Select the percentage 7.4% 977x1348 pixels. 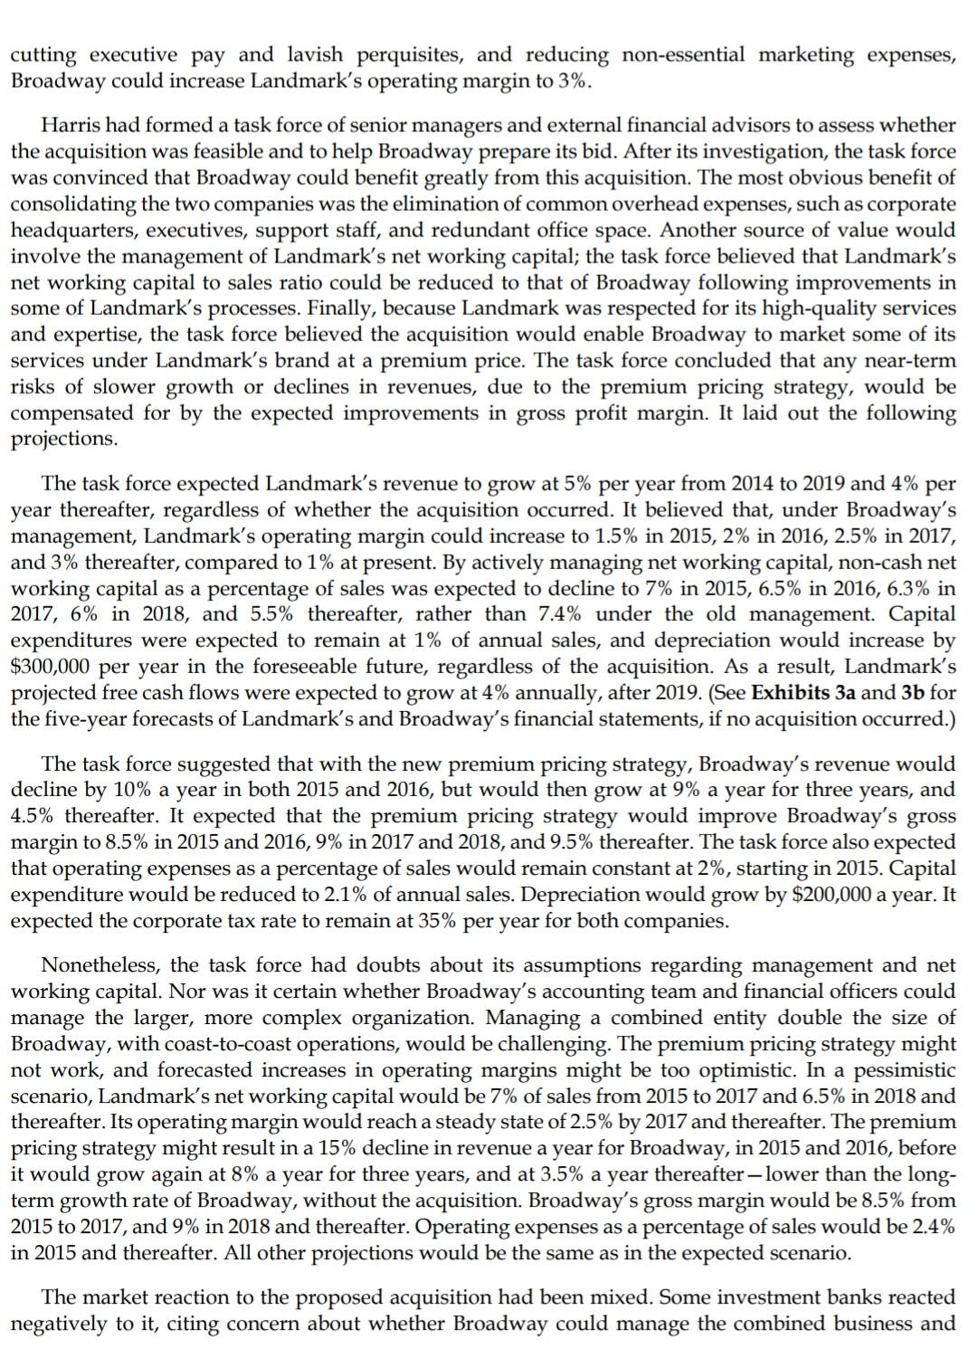559,614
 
